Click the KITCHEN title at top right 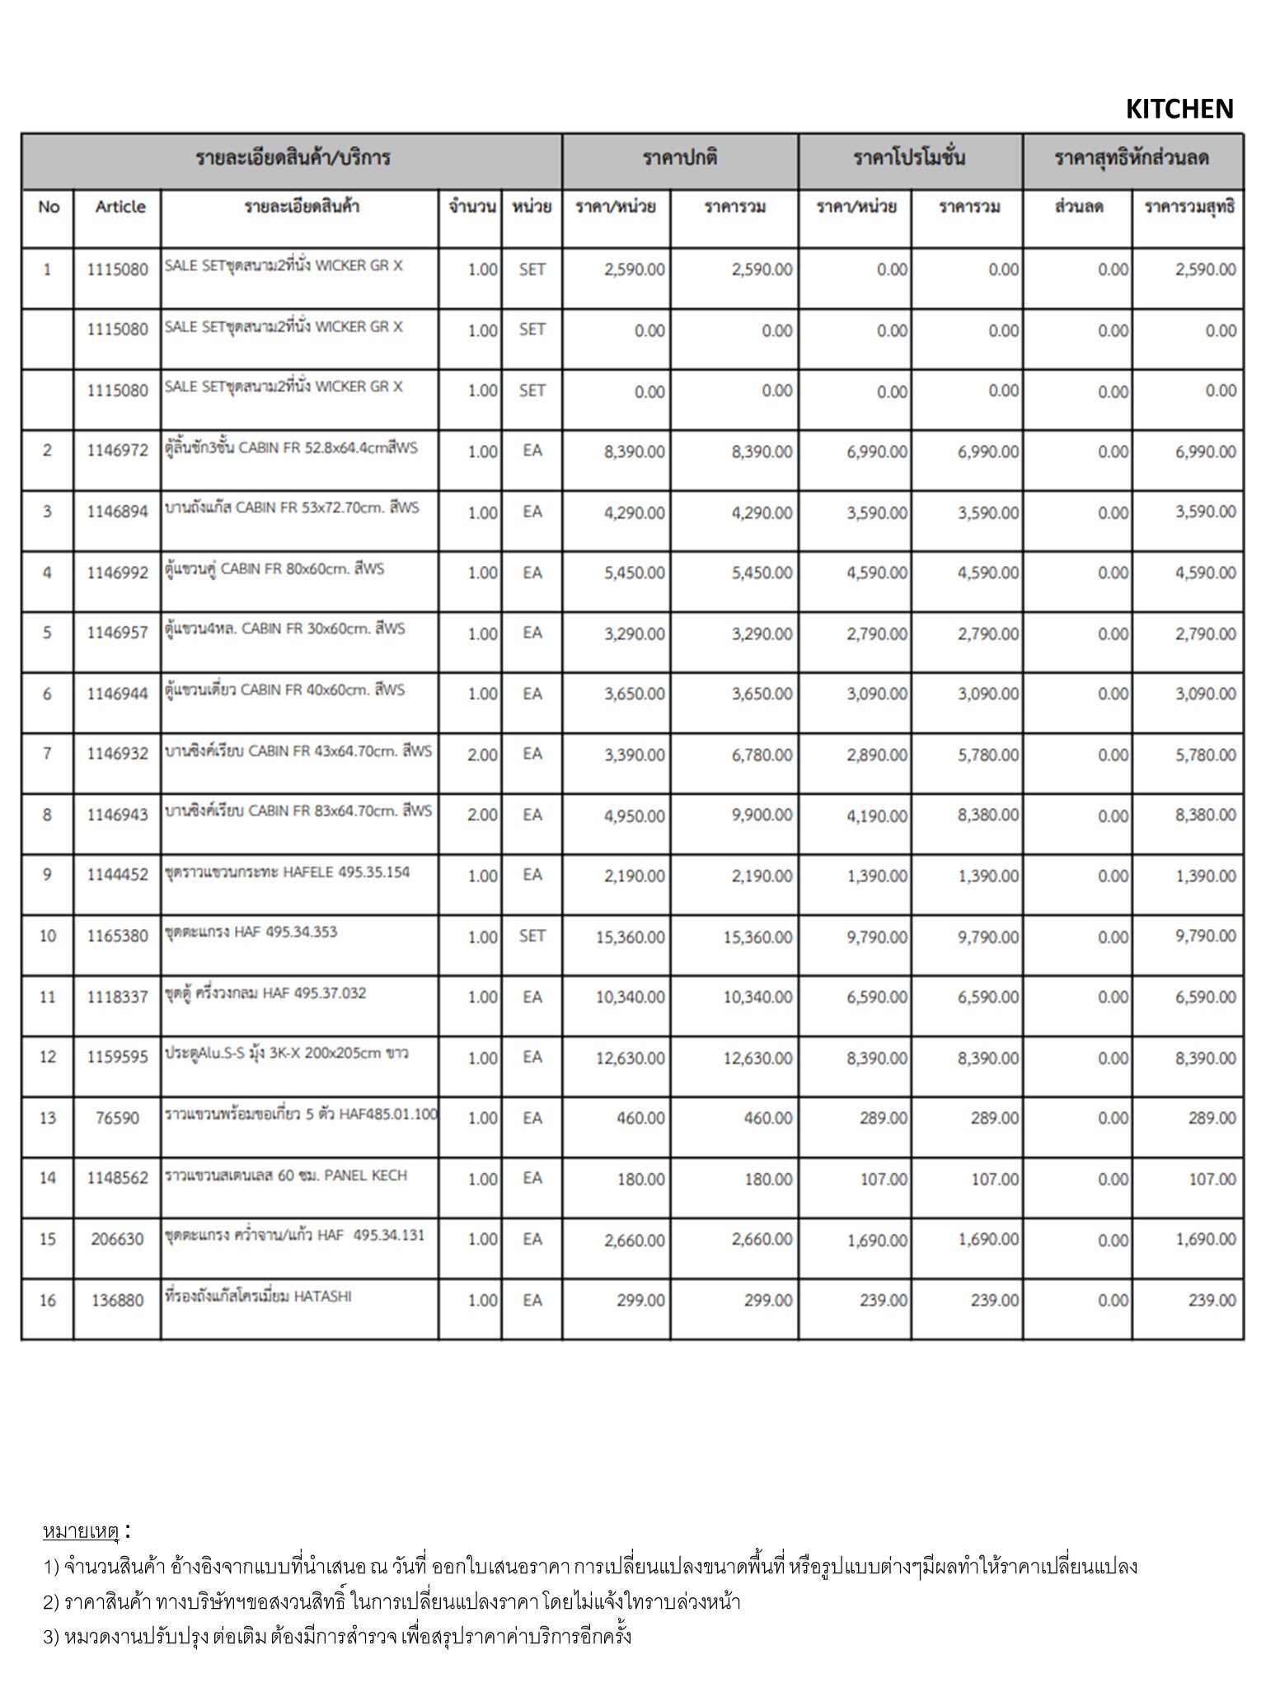1179,109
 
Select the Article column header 120,207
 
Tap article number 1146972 118,451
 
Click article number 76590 118,1118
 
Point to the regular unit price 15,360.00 630,937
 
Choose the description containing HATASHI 258,1297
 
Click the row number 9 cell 47,875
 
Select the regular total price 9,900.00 762,815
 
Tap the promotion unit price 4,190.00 876,815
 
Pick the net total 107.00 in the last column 1212,1180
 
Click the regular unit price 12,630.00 630,1058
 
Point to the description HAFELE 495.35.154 287,872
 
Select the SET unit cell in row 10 532,936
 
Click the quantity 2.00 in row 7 482,755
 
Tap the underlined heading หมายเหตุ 81,1531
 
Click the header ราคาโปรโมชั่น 909,157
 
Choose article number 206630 117,1239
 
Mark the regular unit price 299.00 640,1300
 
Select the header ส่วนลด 1078,207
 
